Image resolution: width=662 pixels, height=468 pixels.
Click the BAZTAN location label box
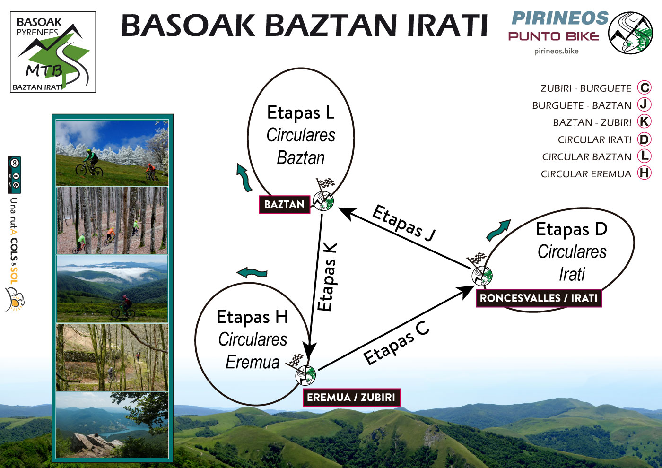click(x=284, y=204)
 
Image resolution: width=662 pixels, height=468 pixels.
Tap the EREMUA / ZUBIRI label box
click(x=351, y=397)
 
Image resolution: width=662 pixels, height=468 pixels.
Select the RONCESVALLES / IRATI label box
click(x=539, y=298)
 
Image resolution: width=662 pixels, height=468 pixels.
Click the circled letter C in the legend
click(x=644, y=88)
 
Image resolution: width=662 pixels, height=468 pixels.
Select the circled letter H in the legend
click(x=644, y=173)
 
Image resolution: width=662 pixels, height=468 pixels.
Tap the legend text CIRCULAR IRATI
click(x=594, y=140)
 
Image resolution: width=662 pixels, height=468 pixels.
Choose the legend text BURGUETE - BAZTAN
click(x=582, y=105)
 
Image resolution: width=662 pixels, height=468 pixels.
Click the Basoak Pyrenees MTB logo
click(x=53, y=52)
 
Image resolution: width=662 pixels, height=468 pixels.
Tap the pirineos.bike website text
click(x=556, y=51)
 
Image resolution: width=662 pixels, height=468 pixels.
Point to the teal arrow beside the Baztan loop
click(x=244, y=178)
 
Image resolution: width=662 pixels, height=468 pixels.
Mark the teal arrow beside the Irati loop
click(x=498, y=230)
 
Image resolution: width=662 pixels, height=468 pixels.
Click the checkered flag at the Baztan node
click(x=326, y=183)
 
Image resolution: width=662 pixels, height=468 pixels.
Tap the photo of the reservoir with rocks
click(x=112, y=425)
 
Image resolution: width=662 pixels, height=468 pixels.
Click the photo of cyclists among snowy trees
click(x=112, y=153)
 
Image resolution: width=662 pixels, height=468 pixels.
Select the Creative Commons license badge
click(x=14, y=175)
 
